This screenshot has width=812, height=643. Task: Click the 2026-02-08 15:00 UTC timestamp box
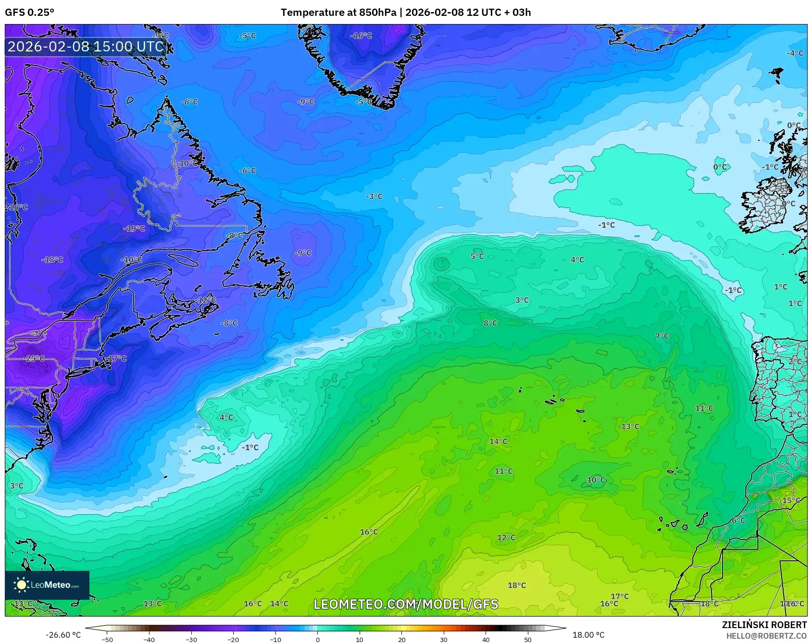86,47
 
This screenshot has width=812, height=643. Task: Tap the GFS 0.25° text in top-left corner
30,12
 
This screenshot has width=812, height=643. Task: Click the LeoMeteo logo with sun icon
47,585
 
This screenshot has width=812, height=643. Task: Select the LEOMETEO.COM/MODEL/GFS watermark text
406,604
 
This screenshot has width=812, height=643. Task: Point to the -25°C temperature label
35,359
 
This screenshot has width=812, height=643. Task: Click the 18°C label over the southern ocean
517,585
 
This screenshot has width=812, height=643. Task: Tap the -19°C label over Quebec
134,228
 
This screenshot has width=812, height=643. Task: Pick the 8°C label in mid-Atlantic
490,323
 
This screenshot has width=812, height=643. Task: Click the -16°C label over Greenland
361,36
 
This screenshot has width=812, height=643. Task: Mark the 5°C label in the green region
477,257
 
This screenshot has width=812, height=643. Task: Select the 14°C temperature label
498,442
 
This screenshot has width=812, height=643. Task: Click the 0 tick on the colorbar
318,639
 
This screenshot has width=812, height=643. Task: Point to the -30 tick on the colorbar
191,639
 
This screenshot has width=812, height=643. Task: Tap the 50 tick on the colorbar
528,639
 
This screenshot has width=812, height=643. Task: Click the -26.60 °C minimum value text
63,635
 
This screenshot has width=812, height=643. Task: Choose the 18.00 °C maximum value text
588,635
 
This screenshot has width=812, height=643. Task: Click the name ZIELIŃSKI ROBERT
764,625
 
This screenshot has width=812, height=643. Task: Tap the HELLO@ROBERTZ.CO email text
766,636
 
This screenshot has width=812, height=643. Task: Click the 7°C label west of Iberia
662,336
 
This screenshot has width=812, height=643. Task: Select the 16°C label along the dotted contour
369,532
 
